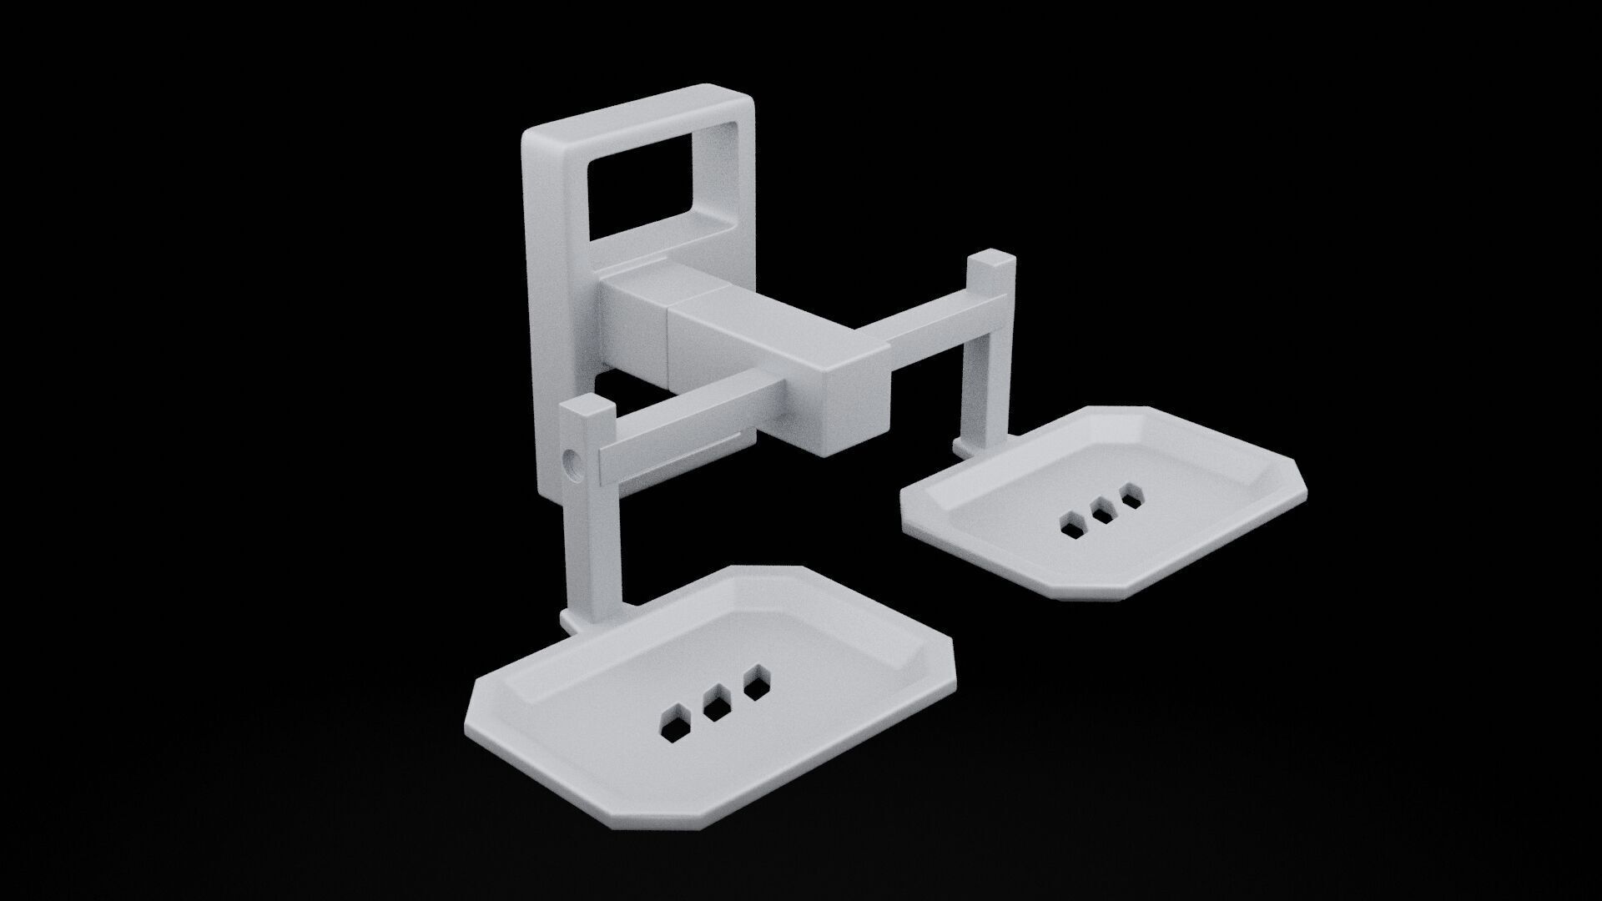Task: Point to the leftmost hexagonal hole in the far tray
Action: [x=1070, y=525]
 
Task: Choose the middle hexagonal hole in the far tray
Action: [x=1101, y=512]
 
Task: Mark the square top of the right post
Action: [x=990, y=259]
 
